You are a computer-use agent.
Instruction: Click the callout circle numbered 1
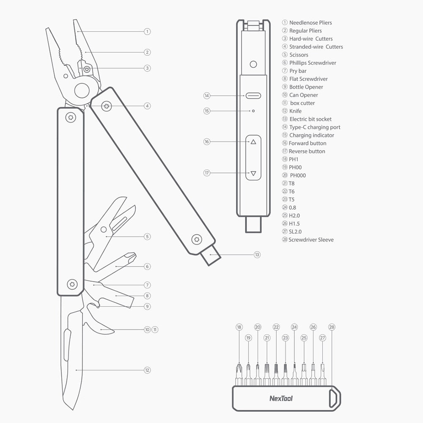tap(147, 32)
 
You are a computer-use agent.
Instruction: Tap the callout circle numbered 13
tap(257, 255)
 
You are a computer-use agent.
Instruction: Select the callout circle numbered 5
tap(147, 236)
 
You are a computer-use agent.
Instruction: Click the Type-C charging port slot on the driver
tap(253, 96)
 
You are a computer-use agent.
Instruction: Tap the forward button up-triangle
tap(253, 142)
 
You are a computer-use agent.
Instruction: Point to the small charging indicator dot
tap(253, 111)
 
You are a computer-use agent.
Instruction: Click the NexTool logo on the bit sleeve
tap(281, 398)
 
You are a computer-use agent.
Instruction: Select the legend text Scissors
tap(299, 55)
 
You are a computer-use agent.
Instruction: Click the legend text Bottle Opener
tap(306, 87)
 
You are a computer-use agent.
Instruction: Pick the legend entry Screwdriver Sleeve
tap(311, 239)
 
